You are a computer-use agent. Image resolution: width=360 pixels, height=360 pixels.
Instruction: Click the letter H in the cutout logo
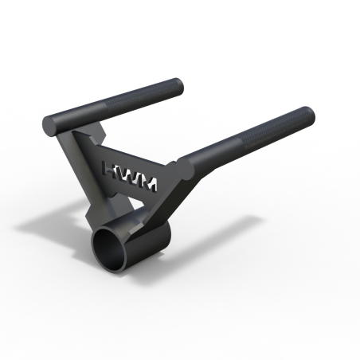point(112,170)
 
